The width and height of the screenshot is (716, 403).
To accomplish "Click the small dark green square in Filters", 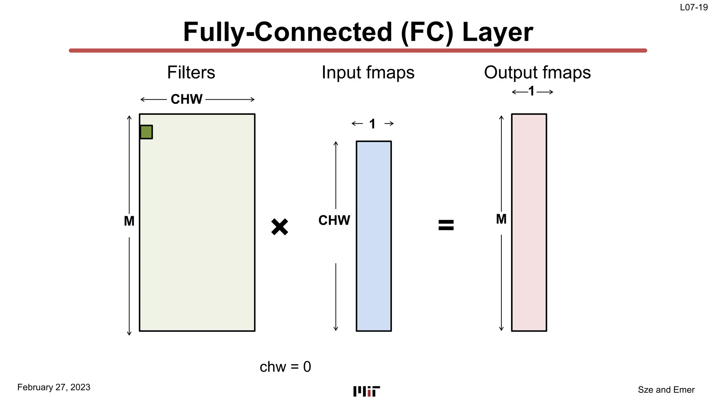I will tap(146, 132).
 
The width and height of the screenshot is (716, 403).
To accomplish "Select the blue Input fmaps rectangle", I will tap(373, 236).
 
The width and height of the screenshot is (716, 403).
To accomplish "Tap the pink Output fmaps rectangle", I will tap(529, 222).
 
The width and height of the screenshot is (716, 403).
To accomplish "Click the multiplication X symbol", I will tap(279, 227).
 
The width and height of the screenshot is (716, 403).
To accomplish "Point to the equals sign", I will tap(446, 225).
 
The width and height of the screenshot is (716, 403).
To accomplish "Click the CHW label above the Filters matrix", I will tap(186, 99).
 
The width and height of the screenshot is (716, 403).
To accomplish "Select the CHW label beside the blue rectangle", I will tap(334, 220).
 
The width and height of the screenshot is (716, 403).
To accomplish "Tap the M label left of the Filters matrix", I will tap(129, 221).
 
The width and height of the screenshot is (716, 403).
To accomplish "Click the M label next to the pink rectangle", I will tap(501, 219).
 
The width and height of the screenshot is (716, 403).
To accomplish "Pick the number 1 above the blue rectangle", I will tap(372, 124).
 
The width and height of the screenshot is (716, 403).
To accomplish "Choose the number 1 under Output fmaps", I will tap(531, 92).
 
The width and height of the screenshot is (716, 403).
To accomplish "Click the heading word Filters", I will tap(191, 73).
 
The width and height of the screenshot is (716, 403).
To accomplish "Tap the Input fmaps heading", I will tap(368, 73).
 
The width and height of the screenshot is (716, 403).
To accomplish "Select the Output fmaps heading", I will tap(537, 73).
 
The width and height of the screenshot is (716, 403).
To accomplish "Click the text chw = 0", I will tap(285, 367).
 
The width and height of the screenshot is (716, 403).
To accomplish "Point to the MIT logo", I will tap(366, 391).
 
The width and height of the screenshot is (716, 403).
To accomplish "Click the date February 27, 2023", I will tap(54, 387).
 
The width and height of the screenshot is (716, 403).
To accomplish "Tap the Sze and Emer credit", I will tap(666, 390).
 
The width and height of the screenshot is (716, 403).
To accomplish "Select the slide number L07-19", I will tap(694, 7).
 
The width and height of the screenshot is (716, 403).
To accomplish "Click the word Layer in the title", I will tap(497, 32).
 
